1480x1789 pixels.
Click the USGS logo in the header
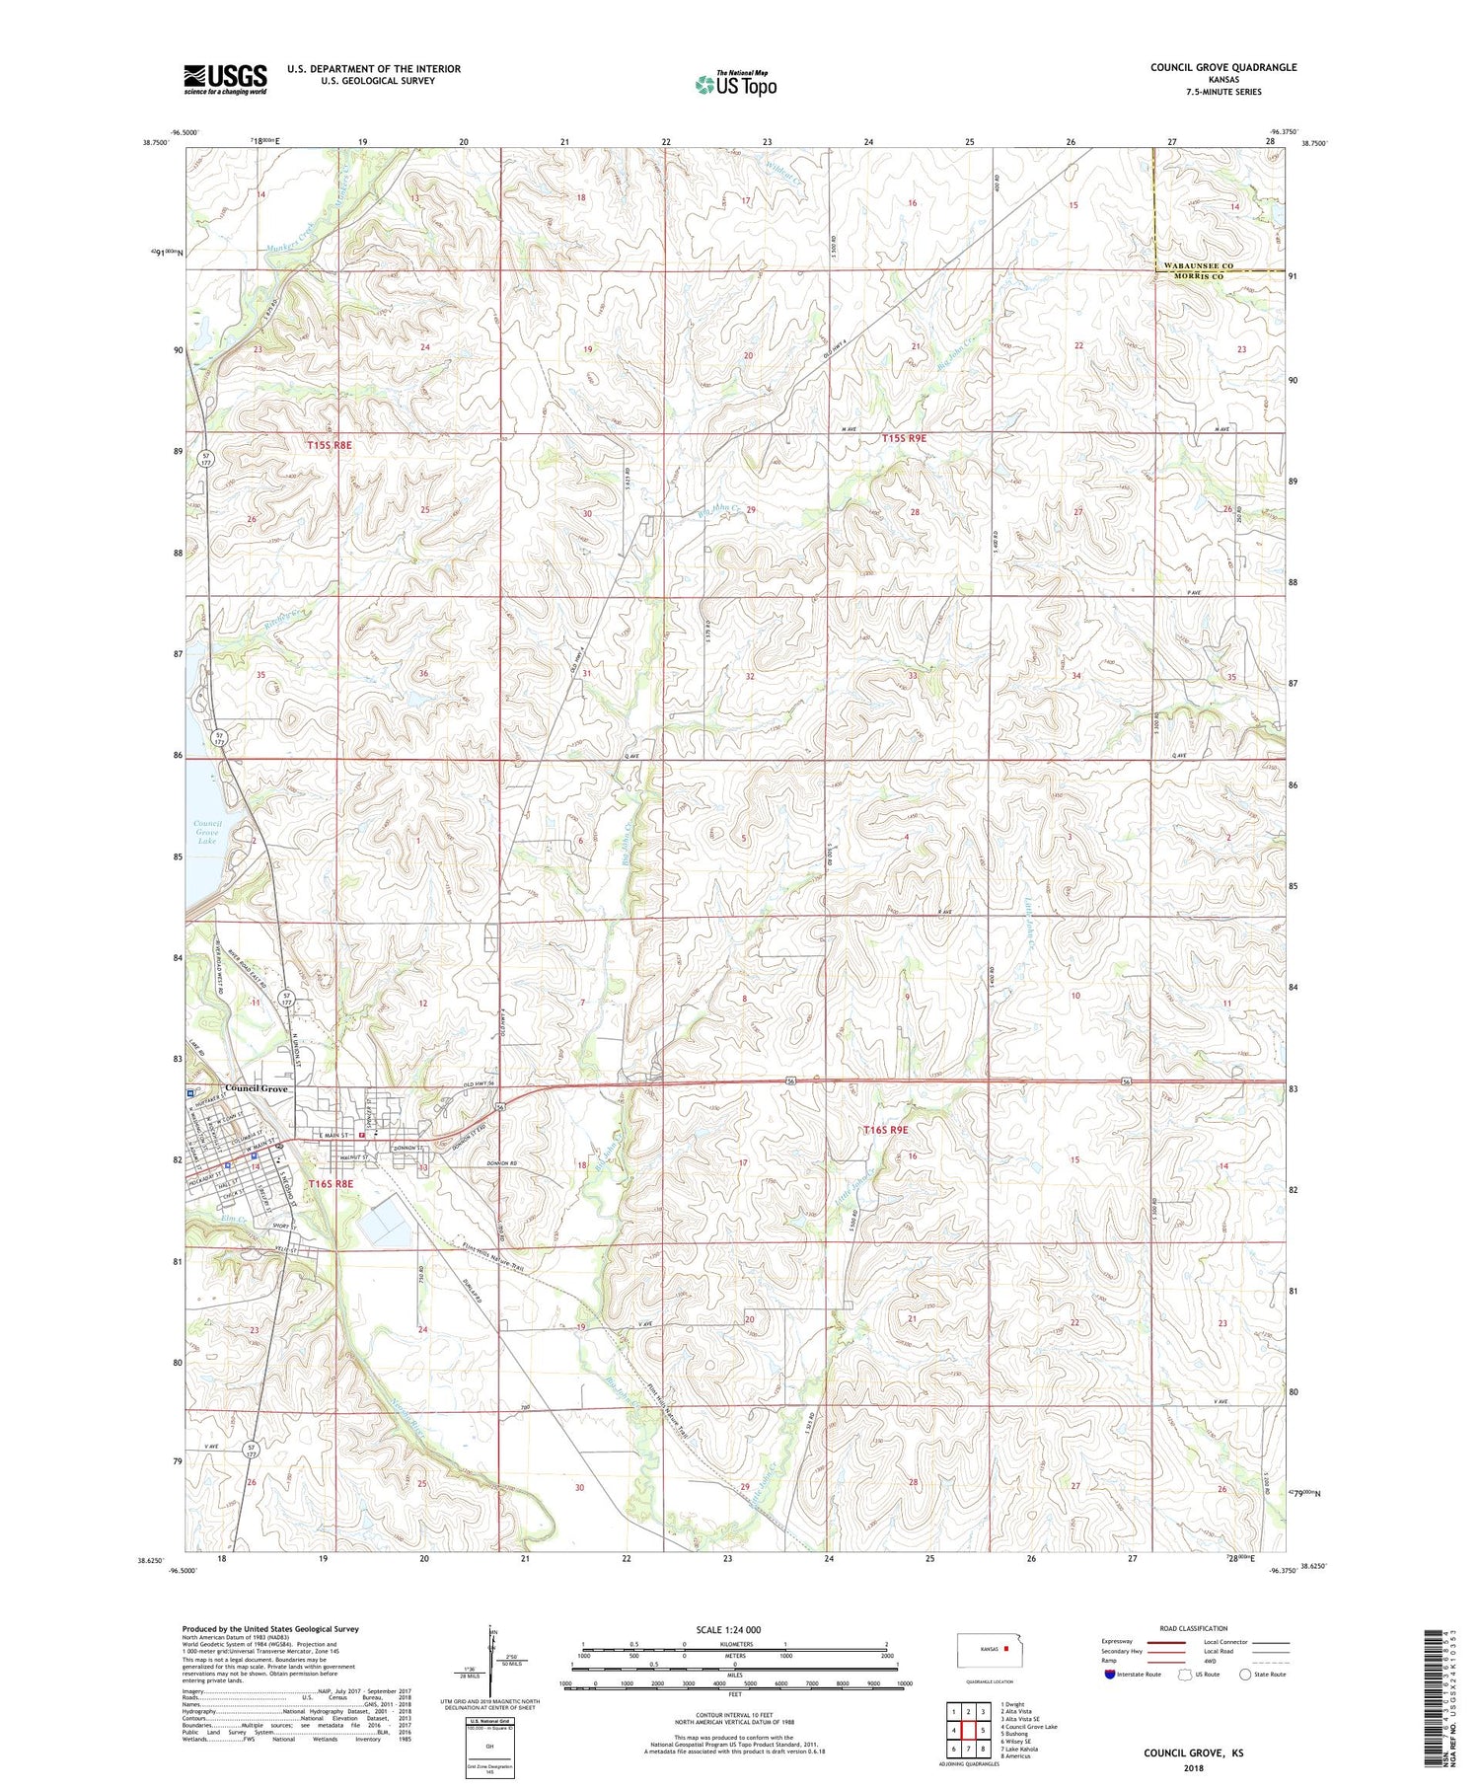click(x=225, y=79)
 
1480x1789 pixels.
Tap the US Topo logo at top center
click(x=735, y=85)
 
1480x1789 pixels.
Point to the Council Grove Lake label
click(x=207, y=832)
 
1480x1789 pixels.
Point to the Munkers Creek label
click(x=292, y=233)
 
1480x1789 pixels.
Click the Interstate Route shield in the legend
click(x=1110, y=1675)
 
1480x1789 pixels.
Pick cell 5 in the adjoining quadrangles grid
click(x=983, y=1730)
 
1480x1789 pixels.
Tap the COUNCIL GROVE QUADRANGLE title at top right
click(x=1222, y=67)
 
